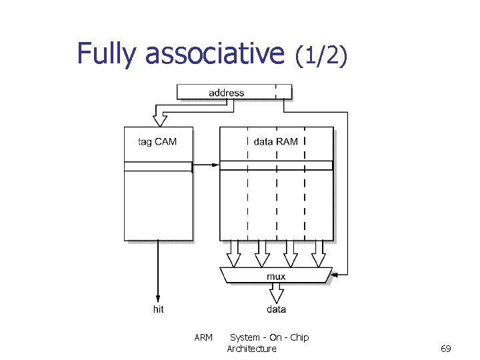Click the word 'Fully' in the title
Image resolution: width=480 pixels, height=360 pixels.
105,54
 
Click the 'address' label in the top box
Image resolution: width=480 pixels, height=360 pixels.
226,93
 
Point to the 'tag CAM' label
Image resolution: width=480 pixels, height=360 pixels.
157,141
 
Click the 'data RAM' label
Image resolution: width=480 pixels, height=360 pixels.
275,141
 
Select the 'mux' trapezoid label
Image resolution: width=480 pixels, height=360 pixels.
275,276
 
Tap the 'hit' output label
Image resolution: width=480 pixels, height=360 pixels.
158,309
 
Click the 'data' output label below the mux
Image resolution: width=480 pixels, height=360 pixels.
276,309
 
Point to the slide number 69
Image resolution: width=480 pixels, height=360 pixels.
446,349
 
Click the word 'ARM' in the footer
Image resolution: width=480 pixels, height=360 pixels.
203,337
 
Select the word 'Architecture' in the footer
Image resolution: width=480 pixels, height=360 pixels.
251,349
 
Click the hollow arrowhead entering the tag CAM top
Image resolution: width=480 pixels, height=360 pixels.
159,121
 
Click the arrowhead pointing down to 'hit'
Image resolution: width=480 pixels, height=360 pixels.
158,297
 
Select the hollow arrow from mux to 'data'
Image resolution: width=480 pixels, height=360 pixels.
276,293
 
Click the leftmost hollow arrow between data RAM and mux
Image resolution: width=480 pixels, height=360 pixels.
234,255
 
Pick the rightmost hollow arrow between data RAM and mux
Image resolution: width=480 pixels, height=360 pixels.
318,255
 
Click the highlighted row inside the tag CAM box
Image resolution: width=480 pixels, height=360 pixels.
159,166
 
